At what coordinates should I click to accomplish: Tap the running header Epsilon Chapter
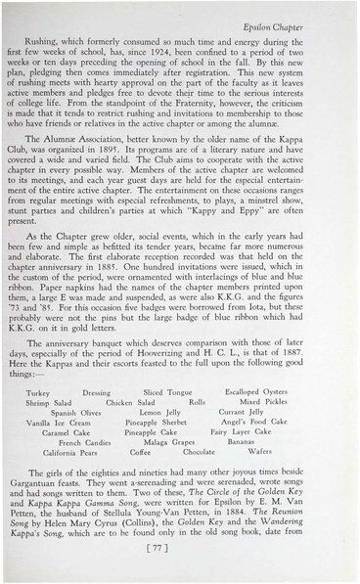click(x=306, y=17)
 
